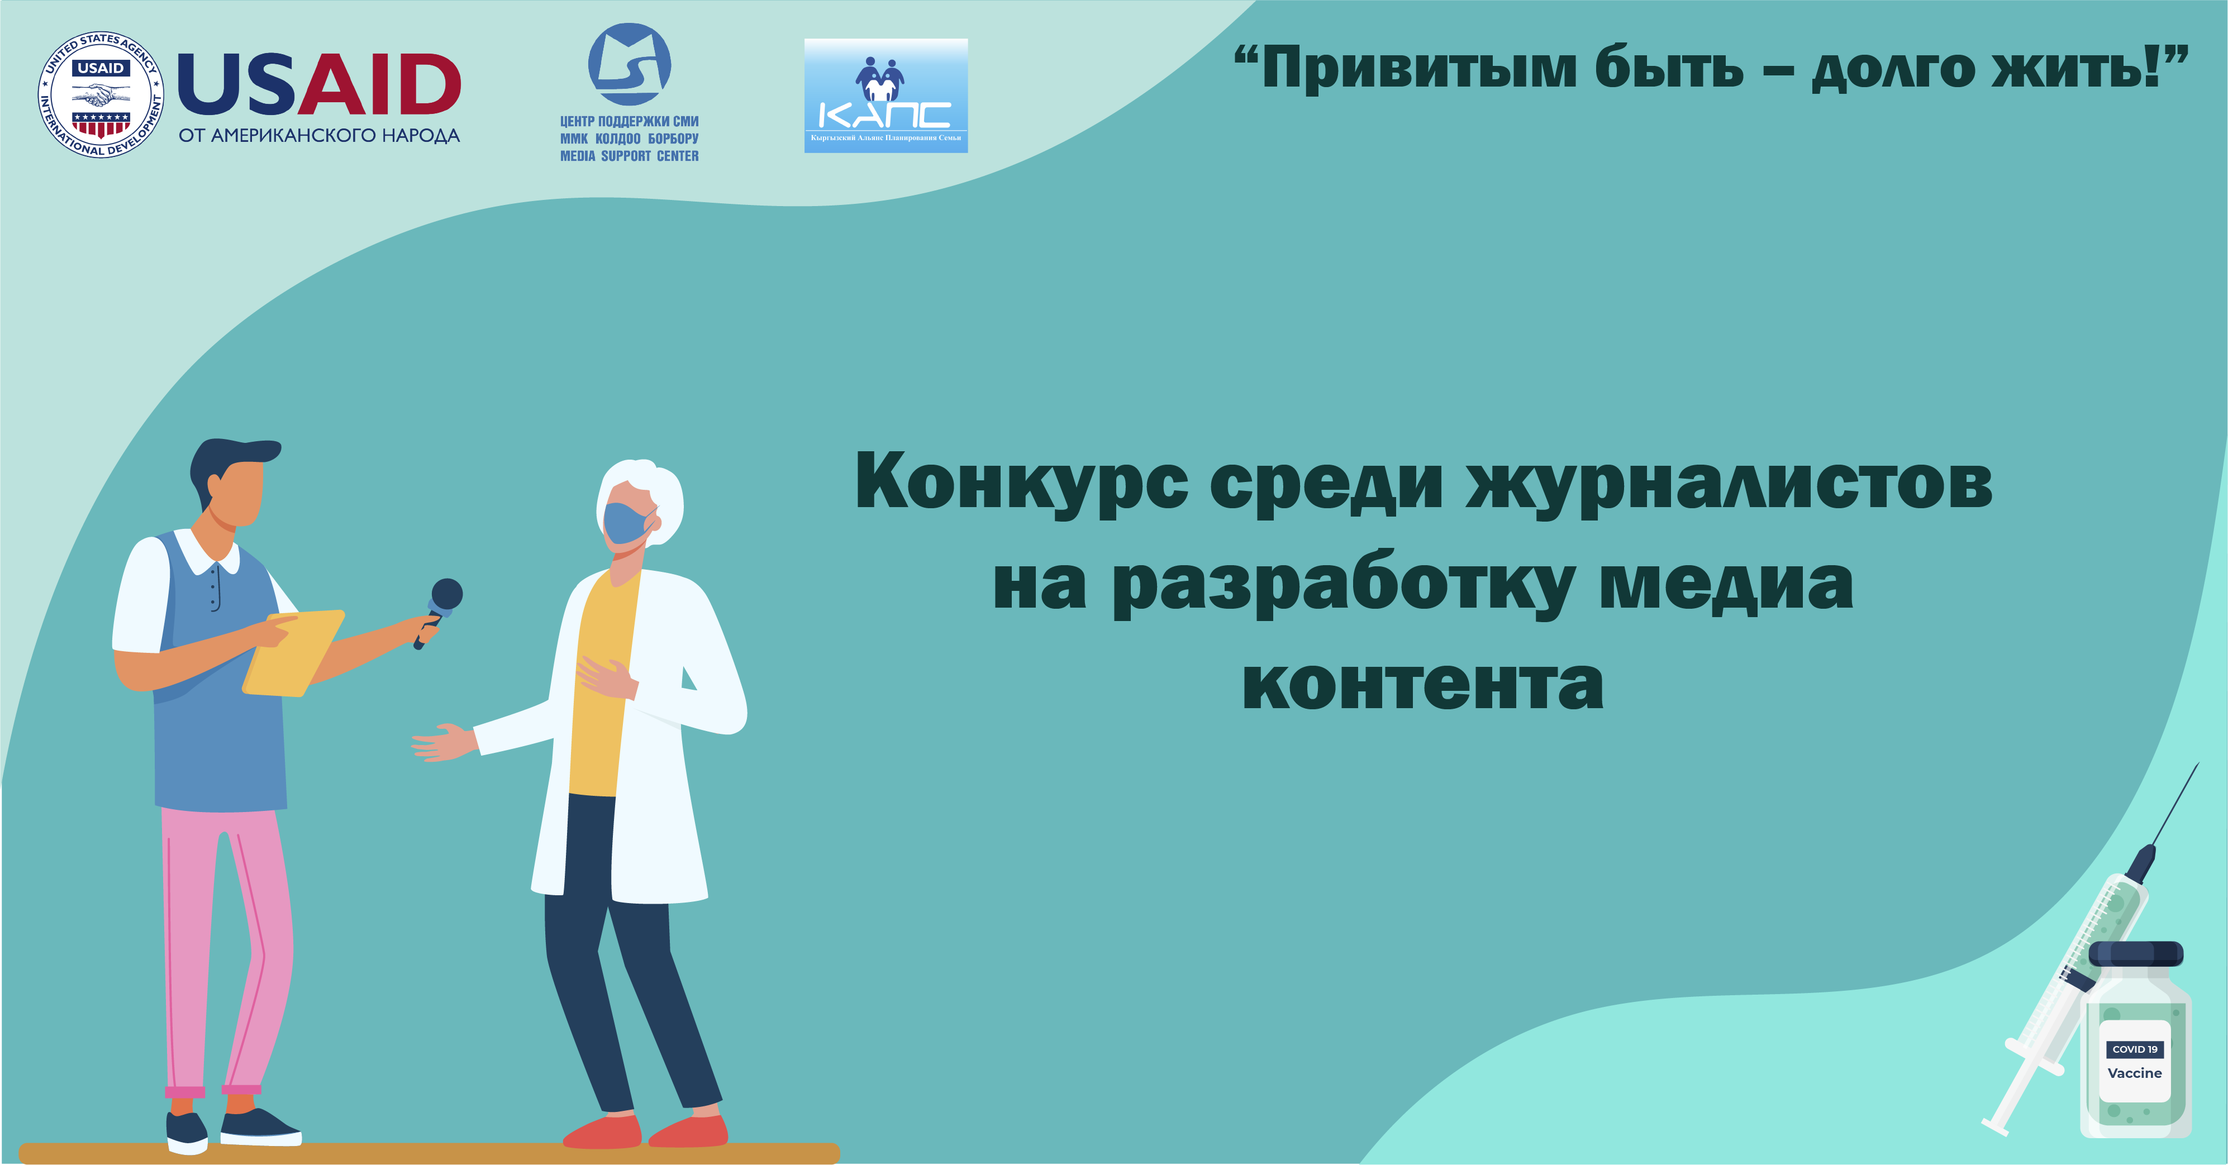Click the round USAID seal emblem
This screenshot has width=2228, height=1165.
tap(101, 95)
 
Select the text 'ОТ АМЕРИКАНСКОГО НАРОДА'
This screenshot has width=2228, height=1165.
tap(319, 136)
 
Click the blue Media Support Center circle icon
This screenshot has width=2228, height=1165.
tap(630, 65)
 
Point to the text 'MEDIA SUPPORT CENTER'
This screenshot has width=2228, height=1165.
tap(630, 156)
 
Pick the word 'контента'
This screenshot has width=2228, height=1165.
tap(1423, 684)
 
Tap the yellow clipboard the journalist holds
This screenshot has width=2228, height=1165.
tap(293, 653)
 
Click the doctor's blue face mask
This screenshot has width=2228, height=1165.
tap(629, 523)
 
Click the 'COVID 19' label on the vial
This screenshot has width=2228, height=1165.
tap(2135, 1049)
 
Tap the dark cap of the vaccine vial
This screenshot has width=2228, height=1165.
tap(2135, 954)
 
